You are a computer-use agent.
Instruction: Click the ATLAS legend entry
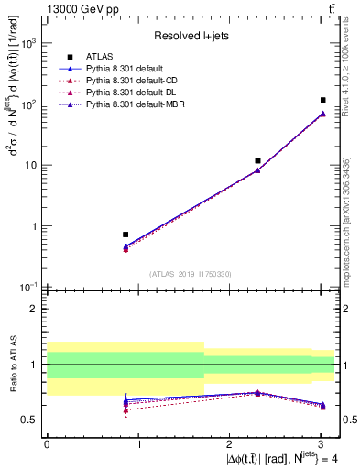(x=97, y=56)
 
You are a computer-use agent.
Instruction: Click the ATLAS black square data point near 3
(x=322, y=100)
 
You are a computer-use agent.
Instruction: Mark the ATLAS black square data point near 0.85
(x=125, y=234)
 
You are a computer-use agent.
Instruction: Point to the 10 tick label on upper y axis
(x=31, y=166)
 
